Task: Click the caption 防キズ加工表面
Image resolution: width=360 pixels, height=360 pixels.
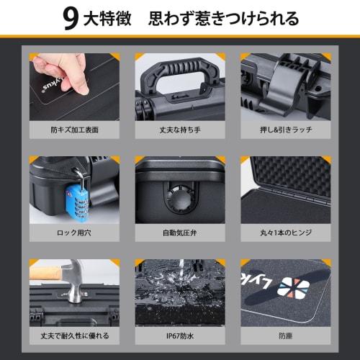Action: click(x=73, y=132)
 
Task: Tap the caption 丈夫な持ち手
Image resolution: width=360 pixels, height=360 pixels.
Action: click(x=179, y=132)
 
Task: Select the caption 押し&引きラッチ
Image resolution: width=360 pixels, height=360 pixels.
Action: click(x=285, y=132)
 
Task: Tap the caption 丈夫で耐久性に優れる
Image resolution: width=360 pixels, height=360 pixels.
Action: click(x=73, y=336)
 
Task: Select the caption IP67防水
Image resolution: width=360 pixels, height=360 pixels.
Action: click(x=179, y=336)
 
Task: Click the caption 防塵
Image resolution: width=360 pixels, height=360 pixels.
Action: click(x=285, y=336)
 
